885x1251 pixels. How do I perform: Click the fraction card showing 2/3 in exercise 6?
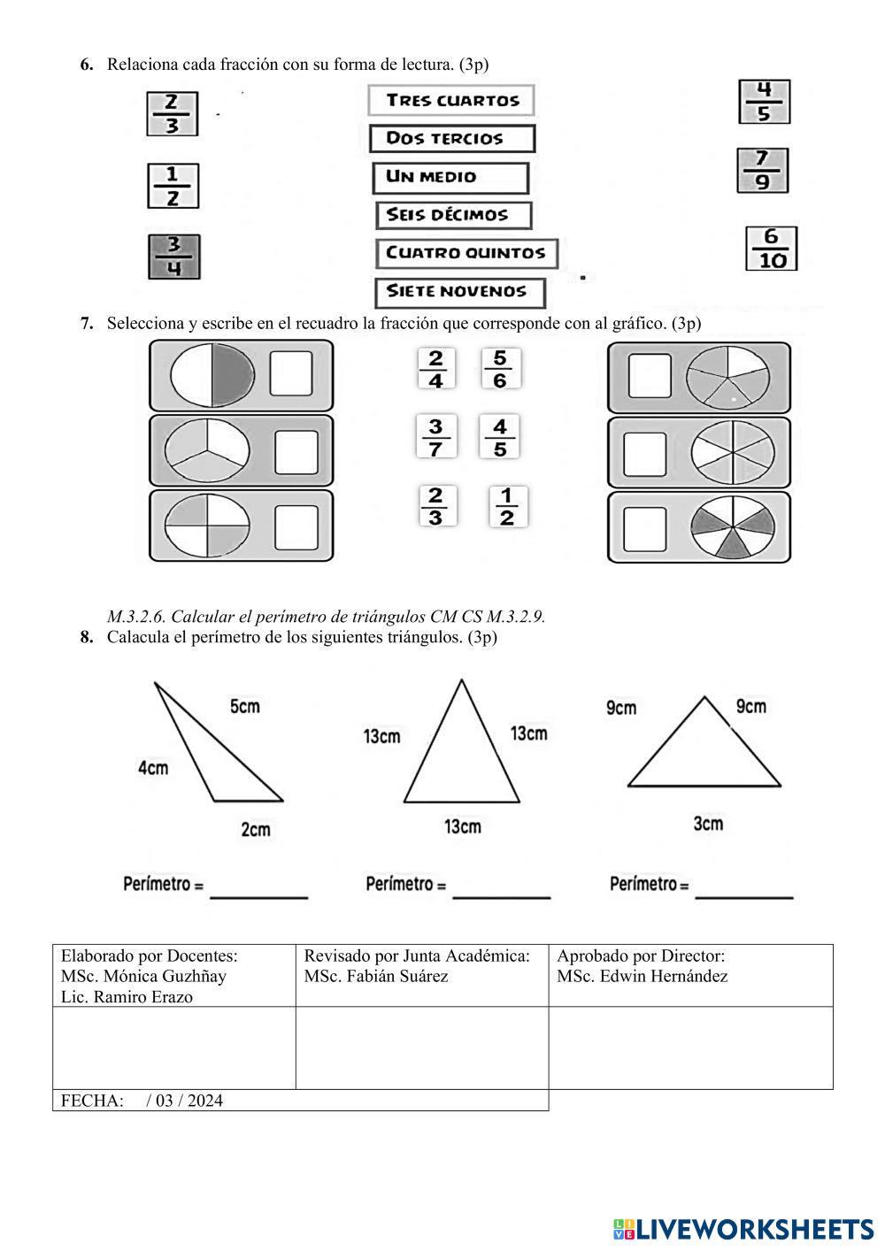[172, 114]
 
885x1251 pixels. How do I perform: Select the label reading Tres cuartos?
[451, 100]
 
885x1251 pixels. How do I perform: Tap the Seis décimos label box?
[454, 215]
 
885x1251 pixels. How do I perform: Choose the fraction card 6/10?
[772, 249]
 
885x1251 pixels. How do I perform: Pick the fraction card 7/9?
[762, 171]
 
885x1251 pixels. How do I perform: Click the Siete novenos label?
[459, 292]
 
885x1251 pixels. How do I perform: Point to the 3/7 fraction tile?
[435, 437]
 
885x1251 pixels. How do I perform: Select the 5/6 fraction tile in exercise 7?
[500, 369]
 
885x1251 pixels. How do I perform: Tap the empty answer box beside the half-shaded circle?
[291, 373]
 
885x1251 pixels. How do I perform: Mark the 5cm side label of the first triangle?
[245, 706]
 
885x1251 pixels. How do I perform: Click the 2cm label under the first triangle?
[256, 829]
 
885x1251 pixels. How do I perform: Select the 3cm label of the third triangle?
[708, 824]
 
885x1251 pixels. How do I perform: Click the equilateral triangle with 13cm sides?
[461, 752]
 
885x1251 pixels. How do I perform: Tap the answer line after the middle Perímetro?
[501, 894]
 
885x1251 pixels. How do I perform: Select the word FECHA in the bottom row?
[91, 1101]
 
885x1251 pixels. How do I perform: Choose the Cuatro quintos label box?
[466, 253]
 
